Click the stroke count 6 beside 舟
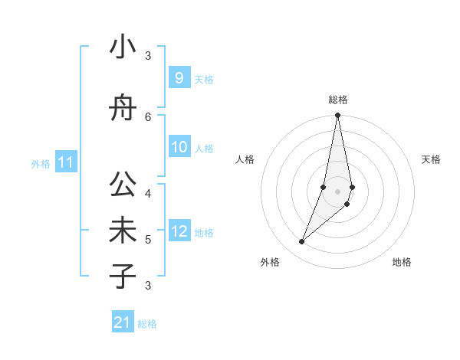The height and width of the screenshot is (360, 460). [148, 116]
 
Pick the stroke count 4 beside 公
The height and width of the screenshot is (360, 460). [148, 192]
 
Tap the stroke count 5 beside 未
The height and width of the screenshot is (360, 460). [148, 240]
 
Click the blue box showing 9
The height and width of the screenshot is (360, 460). [179, 77]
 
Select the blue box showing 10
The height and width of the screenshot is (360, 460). [179, 147]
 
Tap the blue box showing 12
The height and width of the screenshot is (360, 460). [179, 231]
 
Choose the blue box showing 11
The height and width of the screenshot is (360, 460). [65, 162]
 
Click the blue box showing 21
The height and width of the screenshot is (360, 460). [122, 322]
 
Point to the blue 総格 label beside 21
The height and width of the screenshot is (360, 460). [147, 324]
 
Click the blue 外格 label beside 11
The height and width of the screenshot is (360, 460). [41, 163]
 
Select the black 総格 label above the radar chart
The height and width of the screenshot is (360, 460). [337, 100]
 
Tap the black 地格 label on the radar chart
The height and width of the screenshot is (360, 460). [402, 262]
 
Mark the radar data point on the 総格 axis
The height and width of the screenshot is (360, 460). [337, 116]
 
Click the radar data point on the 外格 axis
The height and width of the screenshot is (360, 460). [302, 242]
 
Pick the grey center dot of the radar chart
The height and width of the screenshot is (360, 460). [337, 191]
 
